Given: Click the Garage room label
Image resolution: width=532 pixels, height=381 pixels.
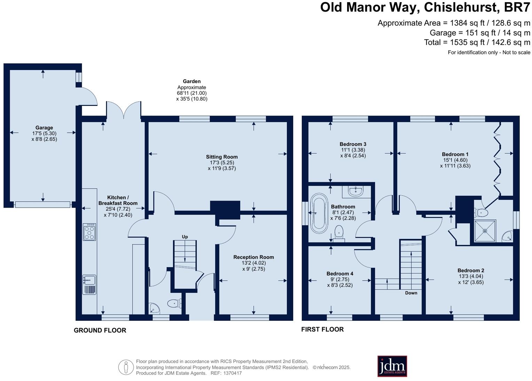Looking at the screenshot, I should point(44,128).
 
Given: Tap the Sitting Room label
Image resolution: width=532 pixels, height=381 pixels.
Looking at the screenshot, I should point(222,157).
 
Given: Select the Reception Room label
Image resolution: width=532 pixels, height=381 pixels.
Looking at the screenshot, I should point(253,257).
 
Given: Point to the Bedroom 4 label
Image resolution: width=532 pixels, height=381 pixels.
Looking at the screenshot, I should point(340,274).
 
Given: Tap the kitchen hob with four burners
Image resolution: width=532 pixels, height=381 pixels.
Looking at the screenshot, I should point(89,232).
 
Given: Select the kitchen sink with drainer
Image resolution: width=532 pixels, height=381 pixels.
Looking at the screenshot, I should point(89,285).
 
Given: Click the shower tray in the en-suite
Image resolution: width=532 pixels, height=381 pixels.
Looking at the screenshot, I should point(485,231).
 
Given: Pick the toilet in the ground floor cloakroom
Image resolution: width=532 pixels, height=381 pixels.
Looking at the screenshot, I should point(175,303).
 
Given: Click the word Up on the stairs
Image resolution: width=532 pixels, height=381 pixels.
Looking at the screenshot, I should point(185,237).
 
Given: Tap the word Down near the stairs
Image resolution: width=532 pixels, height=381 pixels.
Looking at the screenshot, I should point(411,293).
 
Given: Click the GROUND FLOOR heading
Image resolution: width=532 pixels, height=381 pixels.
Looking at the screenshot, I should point(100,330).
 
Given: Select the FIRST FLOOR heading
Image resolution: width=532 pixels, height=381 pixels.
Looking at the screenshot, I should point(322,329).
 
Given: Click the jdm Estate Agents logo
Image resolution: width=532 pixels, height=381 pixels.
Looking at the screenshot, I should point(392,366).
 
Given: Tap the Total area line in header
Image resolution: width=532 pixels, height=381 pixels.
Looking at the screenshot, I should point(477,42).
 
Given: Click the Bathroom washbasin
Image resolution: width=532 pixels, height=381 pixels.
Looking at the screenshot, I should point(356,191).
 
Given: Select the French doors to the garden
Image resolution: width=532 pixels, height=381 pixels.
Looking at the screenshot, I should point(124,111).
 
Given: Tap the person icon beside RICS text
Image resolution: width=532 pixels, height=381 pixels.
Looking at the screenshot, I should point(126,367).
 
